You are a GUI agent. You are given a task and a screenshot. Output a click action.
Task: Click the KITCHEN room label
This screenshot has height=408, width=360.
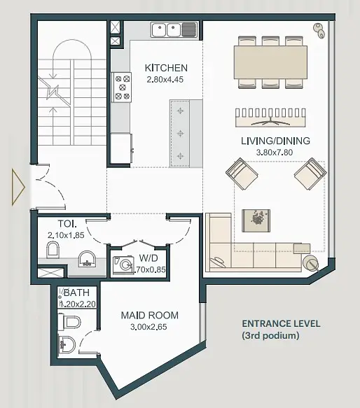pyautogui.click(x=166, y=68)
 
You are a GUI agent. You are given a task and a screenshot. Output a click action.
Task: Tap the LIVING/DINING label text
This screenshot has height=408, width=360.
pyautogui.click(x=275, y=141)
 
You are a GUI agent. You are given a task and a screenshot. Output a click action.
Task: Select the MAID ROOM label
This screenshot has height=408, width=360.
pyautogui.click(x=150, y=316)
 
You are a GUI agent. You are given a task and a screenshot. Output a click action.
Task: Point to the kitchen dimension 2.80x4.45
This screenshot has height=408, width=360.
pyautogui.click(x=165, y=80)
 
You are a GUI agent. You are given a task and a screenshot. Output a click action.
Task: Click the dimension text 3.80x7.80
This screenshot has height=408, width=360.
pyautogui.click(x=275, y=153)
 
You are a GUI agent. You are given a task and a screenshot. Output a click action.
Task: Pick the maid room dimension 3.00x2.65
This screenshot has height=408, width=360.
pyautogui.click(x=148, y=327)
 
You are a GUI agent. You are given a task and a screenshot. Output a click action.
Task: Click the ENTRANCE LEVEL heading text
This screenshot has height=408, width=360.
pyautogui.click(x=281, y=324)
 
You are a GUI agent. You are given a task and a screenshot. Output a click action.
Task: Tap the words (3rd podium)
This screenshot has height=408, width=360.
pyautogui.click(x=270, y=336)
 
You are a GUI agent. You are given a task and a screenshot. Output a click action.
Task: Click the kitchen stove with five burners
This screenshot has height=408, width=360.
pyautogui.click(x=122, y=87)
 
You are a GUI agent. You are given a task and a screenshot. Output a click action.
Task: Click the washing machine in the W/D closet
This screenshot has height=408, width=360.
pyautogui.click(x=123, y=266)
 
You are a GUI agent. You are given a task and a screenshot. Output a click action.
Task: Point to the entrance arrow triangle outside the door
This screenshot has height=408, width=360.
pyautogui.click(x=18, y=187)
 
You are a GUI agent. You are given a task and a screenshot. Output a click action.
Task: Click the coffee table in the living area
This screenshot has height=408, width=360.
pyautogui.click(x=256, y=220)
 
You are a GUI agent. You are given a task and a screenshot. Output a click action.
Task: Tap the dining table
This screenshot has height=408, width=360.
pyautogui.click(x=270, y=62)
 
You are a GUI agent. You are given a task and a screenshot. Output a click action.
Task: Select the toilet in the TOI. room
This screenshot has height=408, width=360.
pyautogui.click(x=53, y=249)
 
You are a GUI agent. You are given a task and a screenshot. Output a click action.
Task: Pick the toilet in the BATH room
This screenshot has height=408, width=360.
pyautogui.click(x=69, y=323)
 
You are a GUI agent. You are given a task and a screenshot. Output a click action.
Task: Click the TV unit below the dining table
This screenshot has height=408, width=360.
pyautogui.click(x=270, y=118)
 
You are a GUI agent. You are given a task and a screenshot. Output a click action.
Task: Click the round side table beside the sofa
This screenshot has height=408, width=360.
pyautogui.click(x=310, y=264)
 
